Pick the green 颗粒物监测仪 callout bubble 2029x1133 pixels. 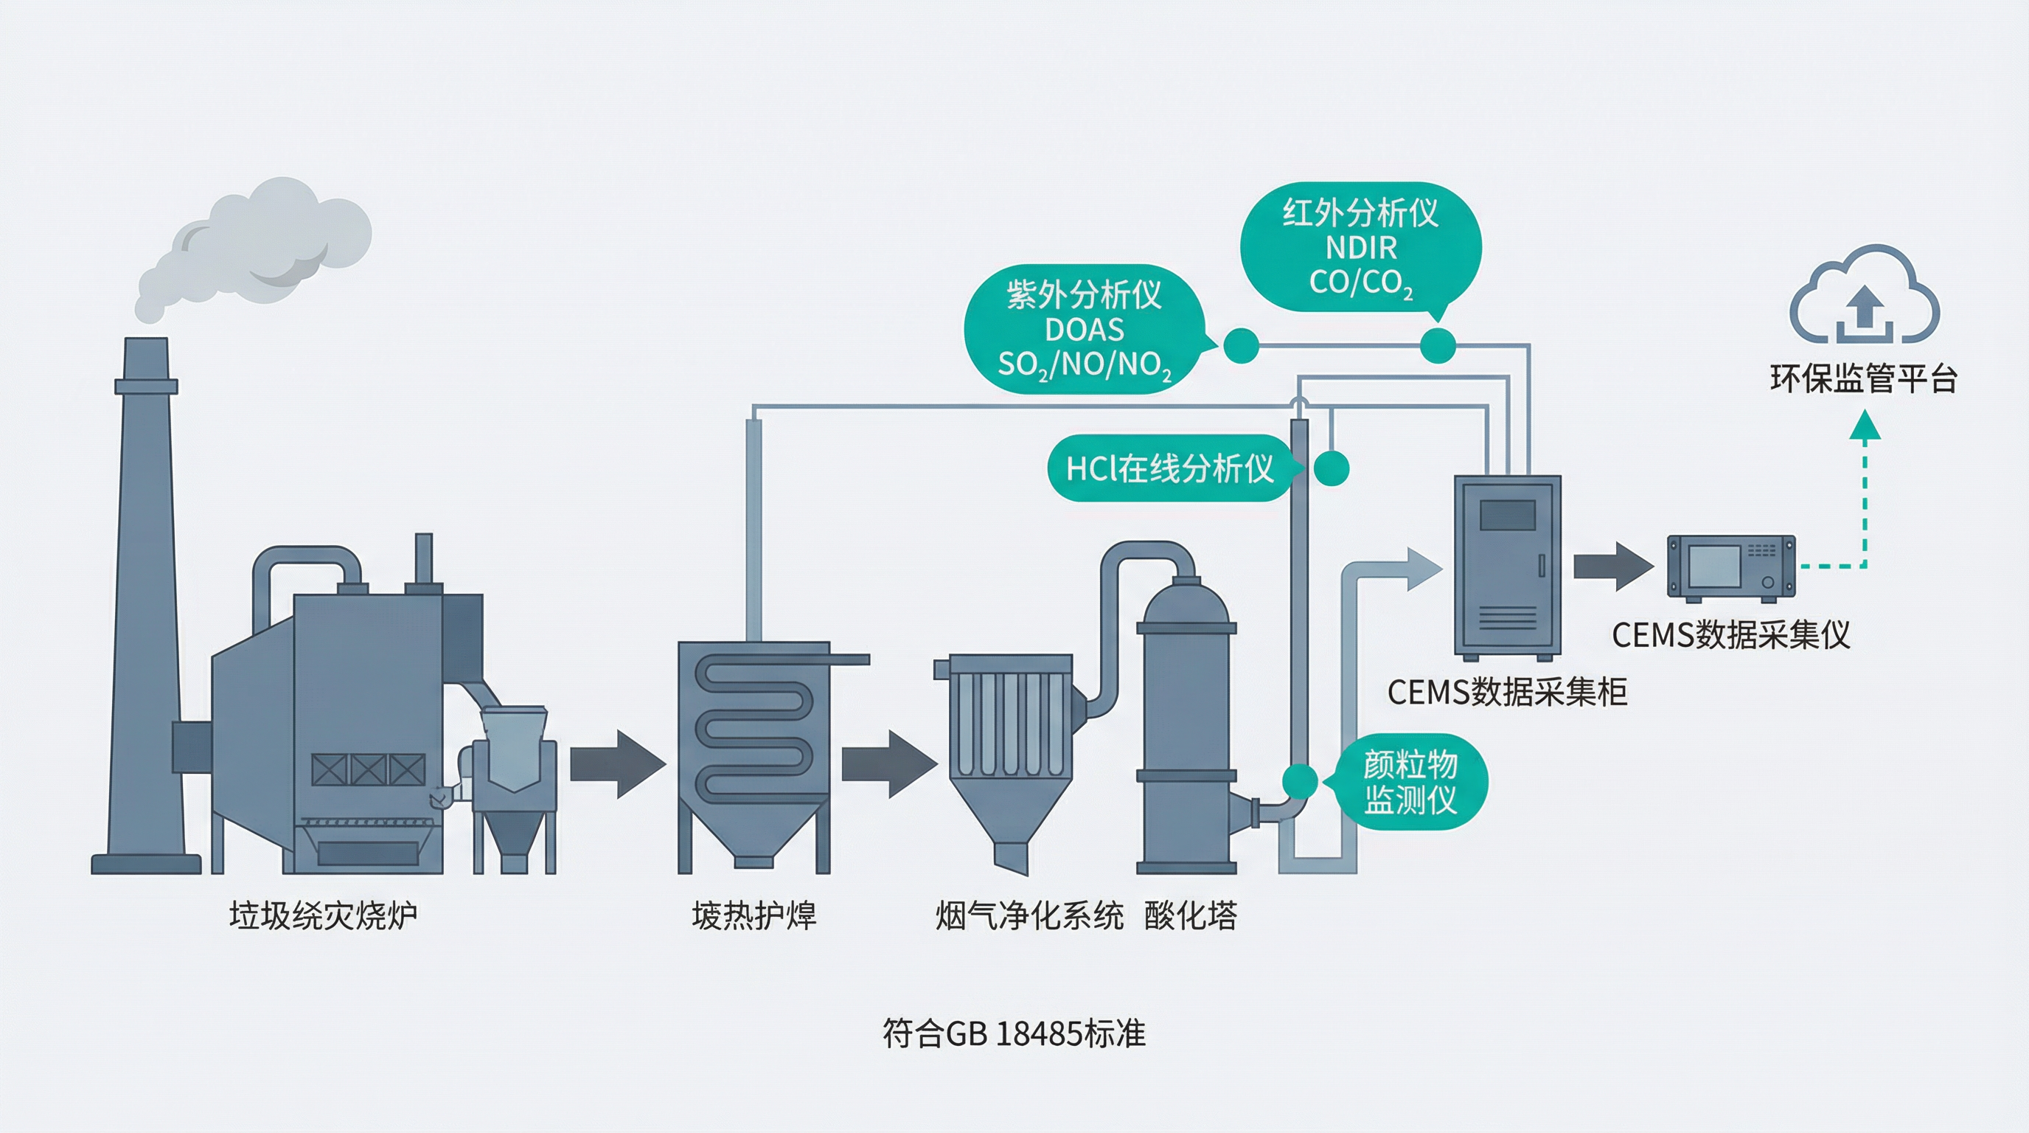click(1410, 782)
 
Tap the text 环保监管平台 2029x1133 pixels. click(1863, 379)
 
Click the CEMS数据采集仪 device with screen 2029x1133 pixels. click(1731, 566)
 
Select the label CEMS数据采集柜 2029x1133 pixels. click(1507, 692)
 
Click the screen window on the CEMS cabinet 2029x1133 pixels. click(1507, 515)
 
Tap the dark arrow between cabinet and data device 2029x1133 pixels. click(1612, 566)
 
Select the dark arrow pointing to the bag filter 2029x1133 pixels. click(888, 764)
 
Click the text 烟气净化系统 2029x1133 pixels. click(1029, 915)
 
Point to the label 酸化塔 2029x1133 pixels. click(1190, 915)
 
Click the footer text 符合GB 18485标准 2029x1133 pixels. click(1014, 1033)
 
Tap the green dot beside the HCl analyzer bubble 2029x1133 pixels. click(1331, 469)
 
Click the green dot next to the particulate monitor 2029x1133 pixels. click(1300, 782)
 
